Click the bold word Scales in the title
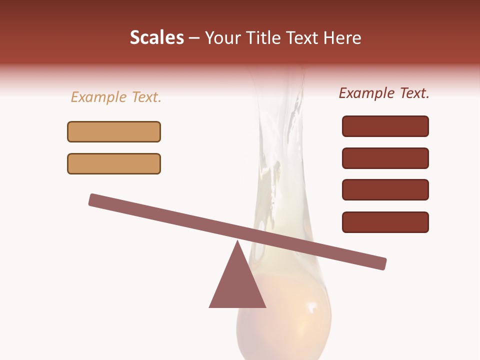click(156, 37)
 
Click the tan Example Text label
click(116, 97)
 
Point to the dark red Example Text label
click(384, 93)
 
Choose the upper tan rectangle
click(114, 131)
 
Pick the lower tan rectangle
click(114, 163)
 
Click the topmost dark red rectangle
click(385, 126)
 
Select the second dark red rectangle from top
click(385, 158)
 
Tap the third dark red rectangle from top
click(385, 190)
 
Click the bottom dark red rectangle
click(385, 222)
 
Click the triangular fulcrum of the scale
click(237, 285)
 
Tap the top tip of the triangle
click(237, 242)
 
